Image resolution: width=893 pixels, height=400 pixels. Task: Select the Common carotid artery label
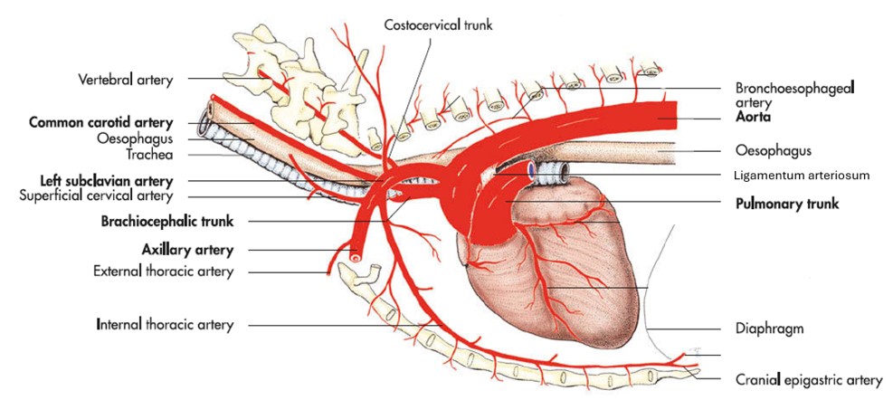pos(108,122)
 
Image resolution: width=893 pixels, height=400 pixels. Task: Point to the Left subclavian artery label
pos(107,180)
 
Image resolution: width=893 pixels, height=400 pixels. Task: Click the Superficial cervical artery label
pos(101,195)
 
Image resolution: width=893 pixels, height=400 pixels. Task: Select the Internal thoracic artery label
pos(165,323)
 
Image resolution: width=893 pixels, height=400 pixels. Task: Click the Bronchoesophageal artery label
pos(795,95)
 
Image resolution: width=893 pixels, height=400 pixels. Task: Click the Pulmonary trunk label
pos(785,204)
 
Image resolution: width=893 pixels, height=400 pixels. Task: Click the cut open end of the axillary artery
pos(357,256)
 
